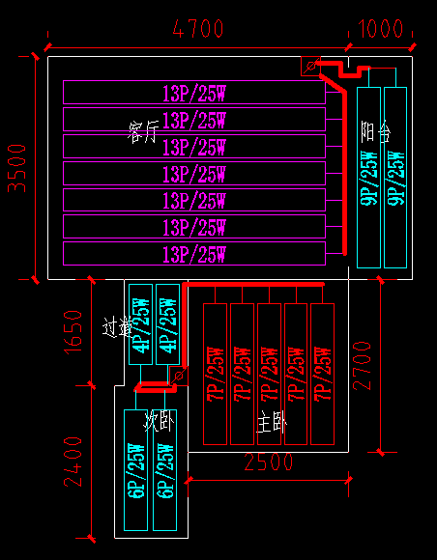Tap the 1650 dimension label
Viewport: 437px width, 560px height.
78,331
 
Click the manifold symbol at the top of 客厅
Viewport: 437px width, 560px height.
310,66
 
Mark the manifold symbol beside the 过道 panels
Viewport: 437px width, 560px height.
178,374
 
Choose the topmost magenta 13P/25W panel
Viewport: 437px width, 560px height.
194,93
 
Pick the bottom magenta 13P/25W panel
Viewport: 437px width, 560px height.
194,255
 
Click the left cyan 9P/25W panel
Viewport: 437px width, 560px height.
368,177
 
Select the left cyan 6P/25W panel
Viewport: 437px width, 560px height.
136,469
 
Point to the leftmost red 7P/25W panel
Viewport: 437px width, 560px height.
215,374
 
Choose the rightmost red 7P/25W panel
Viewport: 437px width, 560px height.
322,374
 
